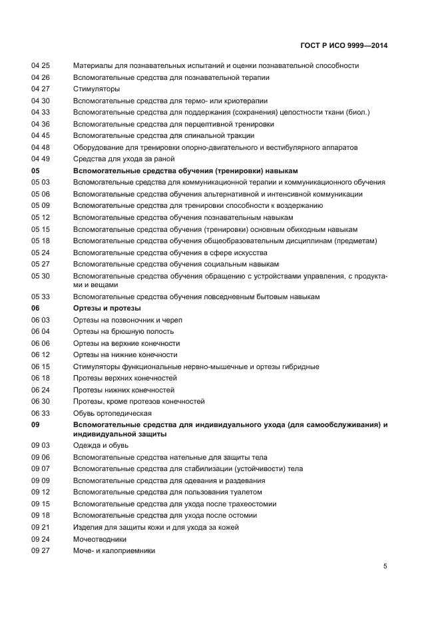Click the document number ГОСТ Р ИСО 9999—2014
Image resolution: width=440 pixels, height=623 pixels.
343,46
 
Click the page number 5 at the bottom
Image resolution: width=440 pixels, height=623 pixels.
385,566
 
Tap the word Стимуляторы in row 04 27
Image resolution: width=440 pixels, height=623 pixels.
97,89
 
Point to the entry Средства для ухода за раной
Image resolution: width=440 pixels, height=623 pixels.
124,159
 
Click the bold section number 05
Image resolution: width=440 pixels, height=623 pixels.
36,171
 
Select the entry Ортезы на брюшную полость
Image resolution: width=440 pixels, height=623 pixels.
123,331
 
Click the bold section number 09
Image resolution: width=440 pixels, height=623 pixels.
36,424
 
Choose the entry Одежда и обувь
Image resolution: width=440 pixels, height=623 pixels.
101,445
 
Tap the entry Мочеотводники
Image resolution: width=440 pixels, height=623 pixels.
100,538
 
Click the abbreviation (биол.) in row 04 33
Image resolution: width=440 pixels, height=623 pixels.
355,112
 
